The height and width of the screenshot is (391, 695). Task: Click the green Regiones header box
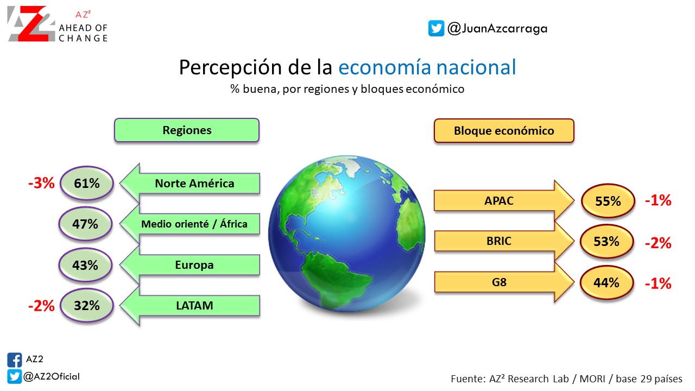coord(186,130)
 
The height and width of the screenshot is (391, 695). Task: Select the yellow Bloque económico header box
coord(504,131)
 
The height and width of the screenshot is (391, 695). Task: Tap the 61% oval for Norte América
coord(86,183)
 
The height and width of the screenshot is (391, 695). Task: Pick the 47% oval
coord(85,224)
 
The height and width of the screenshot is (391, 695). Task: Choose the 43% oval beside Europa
coord(85,265)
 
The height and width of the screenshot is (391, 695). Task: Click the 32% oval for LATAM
coord(86,305)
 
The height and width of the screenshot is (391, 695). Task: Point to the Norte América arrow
coord(190,183)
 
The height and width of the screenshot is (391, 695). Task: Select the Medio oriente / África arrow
coord(190,224)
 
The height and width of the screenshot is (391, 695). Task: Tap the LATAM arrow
coord(190,306)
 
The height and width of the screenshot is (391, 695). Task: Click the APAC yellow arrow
coord(504,200)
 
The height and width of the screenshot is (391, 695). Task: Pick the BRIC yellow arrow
coord(504,241)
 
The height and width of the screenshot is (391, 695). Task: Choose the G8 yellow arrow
coord(504,282)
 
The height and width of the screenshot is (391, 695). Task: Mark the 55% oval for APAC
coord(608,201)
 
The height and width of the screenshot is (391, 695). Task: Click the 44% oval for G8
coord(606,283)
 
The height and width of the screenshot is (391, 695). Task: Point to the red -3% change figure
coord(41,183)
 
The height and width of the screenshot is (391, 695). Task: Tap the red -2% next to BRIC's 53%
coord(658,243)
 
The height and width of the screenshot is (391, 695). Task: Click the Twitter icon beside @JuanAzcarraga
coord(436,28)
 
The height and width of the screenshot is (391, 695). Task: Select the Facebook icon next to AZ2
coord(15,360)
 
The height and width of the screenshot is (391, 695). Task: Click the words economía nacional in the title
coord(427,67)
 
